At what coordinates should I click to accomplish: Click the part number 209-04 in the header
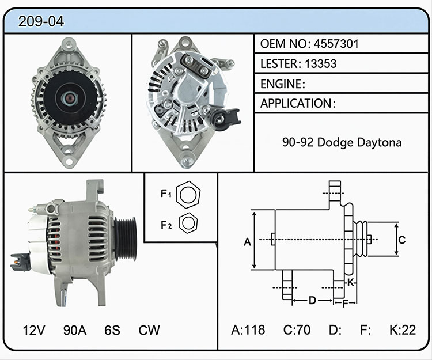pos(41,21)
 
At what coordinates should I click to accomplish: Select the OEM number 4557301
pos(336,44)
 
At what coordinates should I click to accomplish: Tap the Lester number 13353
pos(320,63)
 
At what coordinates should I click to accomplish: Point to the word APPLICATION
pos(296,103)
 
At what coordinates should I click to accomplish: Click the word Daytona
pos(379,143)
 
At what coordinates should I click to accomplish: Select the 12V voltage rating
pos(33,330)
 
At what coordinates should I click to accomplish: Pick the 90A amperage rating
pos(75,330)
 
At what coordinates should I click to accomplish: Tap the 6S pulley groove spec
pos(112,330)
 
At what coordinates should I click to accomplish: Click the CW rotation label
pos(149,330)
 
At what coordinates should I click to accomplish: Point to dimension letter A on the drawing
pos(248,242)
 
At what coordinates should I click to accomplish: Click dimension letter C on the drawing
pos(402,240)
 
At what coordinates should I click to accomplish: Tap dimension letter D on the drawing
pos(312,300)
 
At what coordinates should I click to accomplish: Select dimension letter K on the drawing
pos(350,282)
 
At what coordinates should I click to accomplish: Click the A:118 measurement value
pos(248,329)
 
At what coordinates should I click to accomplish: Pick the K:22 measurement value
pos(403,329)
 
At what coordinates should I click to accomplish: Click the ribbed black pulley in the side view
pos(126,238)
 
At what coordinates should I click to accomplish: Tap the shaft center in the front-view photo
pos(69,97)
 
